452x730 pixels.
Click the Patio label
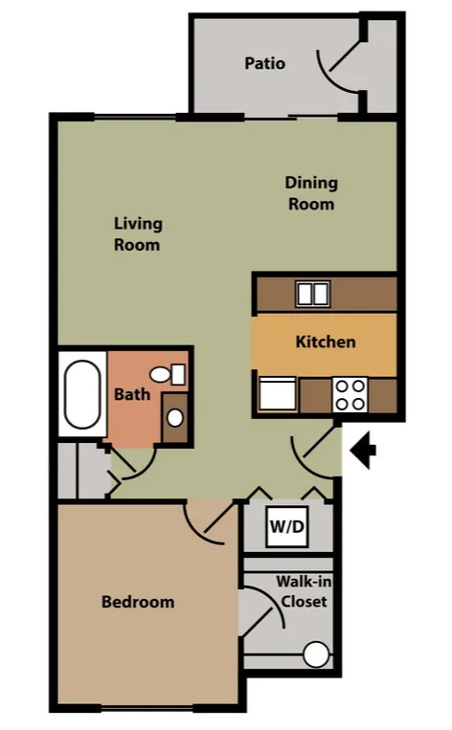click(x=264, y=63)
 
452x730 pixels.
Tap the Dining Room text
click(x=311, y=193)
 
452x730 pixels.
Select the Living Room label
click(x=138, y=234)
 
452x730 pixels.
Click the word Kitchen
click(x=326, y=342)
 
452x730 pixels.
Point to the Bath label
click(x=132, y=394)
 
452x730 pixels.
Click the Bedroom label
click(x=138, y=602)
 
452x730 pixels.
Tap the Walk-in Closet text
click(x=304, y=591)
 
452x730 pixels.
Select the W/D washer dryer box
click(x=287, y=526)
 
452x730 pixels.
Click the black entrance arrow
click(x=364, y=451)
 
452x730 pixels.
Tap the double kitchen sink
click(x=313, y=294)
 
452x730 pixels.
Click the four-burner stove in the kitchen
click(x=350, y=394)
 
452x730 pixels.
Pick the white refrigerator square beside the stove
click(x=278, y=394)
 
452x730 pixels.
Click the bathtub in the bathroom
click(x=82, y=394)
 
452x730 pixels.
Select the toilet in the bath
click(x=168, y=374)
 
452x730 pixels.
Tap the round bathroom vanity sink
click(x=175, y=417)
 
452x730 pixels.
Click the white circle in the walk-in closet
click(x=316, y=654)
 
